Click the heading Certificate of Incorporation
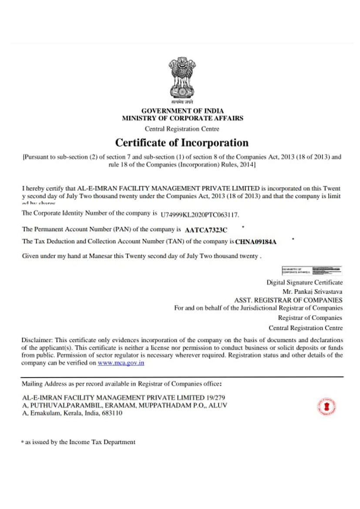pyautogui.click(x=182, y=143)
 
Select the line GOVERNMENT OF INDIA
pyautogui.click(x=182, y=111)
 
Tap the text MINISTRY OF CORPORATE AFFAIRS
pyautogui.click(x=182, y=118)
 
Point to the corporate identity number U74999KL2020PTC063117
pyautogui.click(x=200, y=215)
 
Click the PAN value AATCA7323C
pyautogui.click(x=206, y=229)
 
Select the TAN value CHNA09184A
pyautogui.click(x=256, y=241)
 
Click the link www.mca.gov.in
pyautogui.click(x=121, y=363)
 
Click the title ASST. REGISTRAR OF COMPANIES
pyautogui.click(x=288, y=300)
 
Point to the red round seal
pyautogui.click(x=326, y=407)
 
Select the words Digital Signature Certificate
pyautogui.click(x=304, y=283)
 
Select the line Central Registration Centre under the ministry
pyautogui.click(x=182, y=129)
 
